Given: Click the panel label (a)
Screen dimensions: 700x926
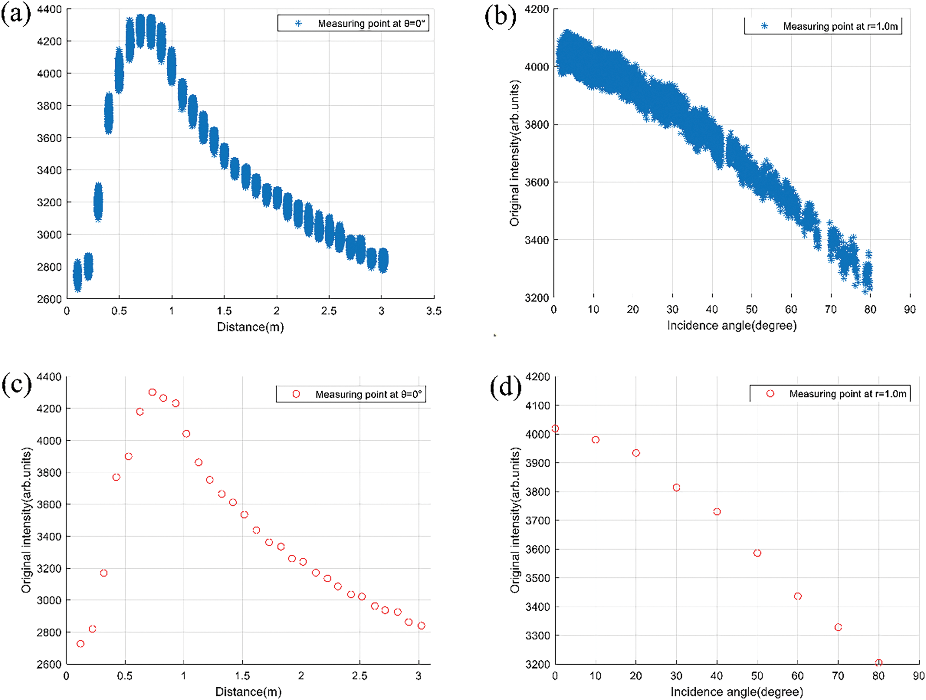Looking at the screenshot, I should coord(16,15).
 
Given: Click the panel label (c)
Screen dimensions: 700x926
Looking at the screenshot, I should coord(17,384).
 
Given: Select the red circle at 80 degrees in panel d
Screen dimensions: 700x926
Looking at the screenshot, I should coord(878,663).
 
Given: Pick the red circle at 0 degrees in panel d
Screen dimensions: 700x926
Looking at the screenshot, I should coord(555,428).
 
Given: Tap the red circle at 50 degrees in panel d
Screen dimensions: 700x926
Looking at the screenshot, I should coord(757,553).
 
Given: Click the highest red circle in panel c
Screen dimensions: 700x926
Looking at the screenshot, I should coord(152,392).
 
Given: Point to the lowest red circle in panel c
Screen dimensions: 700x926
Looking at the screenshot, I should coord(80,643).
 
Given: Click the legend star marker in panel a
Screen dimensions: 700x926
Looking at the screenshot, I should coord(298,23).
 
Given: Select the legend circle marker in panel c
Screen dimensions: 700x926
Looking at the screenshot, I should coord(296,394).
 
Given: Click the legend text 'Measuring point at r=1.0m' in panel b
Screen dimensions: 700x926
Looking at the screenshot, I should coord(840,26).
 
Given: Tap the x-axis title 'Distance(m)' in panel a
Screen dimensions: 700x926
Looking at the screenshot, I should coord(250,327).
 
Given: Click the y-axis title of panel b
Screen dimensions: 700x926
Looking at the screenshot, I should coord(514,153).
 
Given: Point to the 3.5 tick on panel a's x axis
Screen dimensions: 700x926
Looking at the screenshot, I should coord(434,311).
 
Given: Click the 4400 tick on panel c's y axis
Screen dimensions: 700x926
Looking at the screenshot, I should coord(49,377).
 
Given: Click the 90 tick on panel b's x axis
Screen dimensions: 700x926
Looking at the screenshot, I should coord(910,309).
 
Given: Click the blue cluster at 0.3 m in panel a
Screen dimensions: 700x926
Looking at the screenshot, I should coord(98,202).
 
